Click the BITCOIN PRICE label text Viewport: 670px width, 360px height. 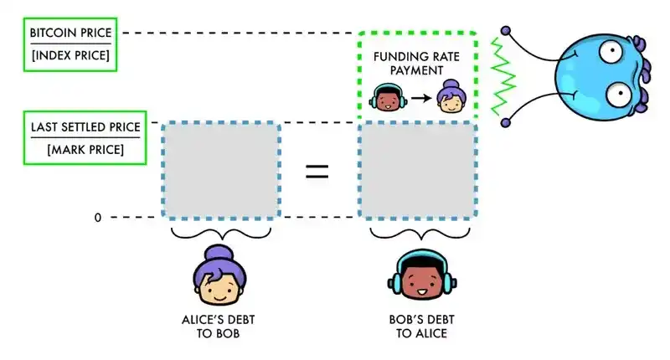point(70,33)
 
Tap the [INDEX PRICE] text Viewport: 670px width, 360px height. point(70,55)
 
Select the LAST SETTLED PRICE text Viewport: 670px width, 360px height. point(85,127)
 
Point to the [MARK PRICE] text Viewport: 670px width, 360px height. point(85,150)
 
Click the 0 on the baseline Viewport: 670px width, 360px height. point(98,218)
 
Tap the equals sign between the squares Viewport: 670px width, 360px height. point(317,172)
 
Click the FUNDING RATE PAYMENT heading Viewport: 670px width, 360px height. point(416,64)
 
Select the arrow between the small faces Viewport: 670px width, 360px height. point(421,99)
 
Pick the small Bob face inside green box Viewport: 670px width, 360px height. point(388,97)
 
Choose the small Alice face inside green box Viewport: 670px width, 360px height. point(451,96)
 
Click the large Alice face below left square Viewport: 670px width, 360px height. point(219,275)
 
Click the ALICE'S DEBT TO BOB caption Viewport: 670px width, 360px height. point(219,327)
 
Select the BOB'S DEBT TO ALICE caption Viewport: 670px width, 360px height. point(421,327)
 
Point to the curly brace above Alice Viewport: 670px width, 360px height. point(221,234)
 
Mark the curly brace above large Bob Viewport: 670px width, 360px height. point(420,234)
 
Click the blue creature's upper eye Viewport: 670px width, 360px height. point(611,51)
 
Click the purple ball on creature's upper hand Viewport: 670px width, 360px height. point(506,31)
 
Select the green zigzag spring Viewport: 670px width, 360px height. point(503,77)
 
